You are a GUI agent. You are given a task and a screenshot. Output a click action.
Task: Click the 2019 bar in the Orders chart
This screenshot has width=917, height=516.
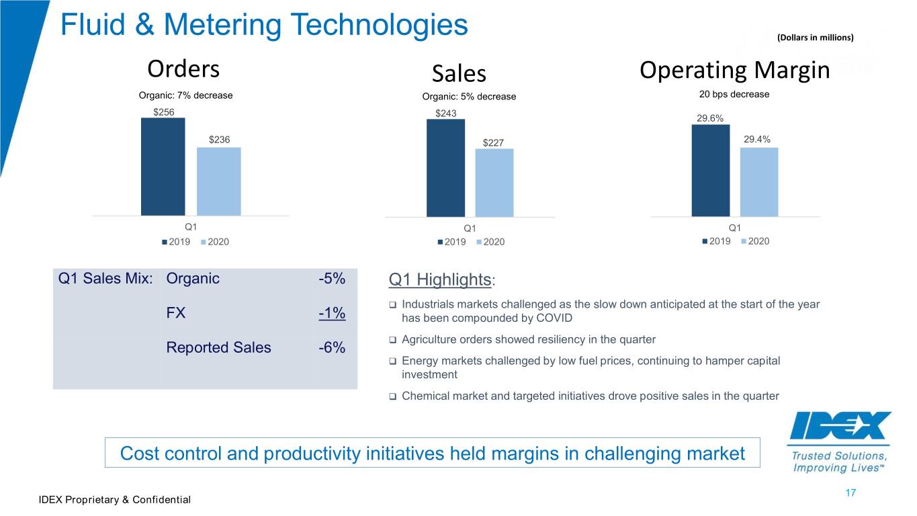pyautogui.click(x=163, y=167)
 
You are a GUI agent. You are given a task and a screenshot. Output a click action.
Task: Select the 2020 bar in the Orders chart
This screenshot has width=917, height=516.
pyautogui.click(x=219, y=181)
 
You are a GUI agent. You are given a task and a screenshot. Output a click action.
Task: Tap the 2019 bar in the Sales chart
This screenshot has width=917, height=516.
pyautogui.click(x=446, y=168)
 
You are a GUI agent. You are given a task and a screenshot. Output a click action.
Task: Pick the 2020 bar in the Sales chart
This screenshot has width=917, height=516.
pyautogui.click(x=494, y=183)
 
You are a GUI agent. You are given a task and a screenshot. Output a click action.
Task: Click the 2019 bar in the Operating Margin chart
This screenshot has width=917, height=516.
pyautogui.click(x=711, y=171)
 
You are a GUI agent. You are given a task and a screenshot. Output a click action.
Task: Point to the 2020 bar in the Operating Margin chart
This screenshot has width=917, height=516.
pyautogui.click(x=759, y=182)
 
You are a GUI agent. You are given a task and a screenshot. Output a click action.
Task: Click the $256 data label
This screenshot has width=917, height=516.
pyautogui.click(x=164, y=112)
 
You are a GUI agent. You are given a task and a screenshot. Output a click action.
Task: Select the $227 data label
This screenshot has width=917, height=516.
pyautogui.click(x=493, y=143)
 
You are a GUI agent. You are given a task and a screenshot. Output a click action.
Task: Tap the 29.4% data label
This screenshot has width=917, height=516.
pyautogui.click(x=757, y=139)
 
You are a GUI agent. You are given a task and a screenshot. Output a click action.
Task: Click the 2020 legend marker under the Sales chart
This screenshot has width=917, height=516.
pyautogui.click(x=479, y=243)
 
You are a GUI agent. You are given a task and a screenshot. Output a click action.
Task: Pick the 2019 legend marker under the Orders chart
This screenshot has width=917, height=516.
pyautogui.click(x=165, y=242)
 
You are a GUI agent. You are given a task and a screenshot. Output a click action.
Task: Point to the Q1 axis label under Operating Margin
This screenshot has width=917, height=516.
pyautogui.click(x=735, y=228)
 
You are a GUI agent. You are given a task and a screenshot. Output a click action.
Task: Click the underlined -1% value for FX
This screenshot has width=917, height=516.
pyautogui.click(x=332, y=313)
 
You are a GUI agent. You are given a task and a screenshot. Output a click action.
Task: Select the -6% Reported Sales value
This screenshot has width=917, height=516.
pyautogui.click(x=332, y=347)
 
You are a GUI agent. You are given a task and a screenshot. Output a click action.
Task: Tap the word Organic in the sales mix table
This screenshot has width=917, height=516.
pyautogui.click(x=193, y=279)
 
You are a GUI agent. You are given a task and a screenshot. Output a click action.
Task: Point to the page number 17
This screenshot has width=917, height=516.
pyautogui.click(x=850, y=492)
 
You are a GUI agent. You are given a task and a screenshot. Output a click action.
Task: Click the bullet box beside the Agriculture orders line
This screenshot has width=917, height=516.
pyautogui.click(x=392, y=340)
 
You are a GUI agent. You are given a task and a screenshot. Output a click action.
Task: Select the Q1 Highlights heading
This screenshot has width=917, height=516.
pyautogui.click(x=442, y=280)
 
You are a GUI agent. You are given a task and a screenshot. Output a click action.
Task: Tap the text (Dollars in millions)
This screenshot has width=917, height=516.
pyautogui.click(x=816, y=38)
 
